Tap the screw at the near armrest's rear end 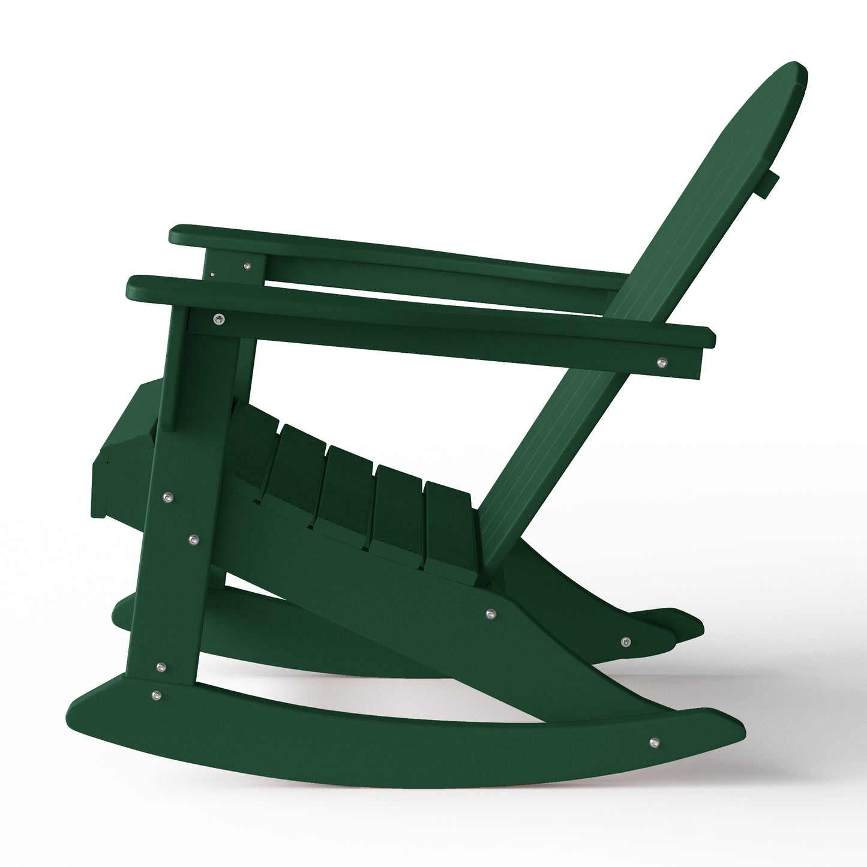pyautogui.click(x=662, y=362)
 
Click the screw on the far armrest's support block pyautogui.click(x=246, y=263)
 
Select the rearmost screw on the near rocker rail pyautogui.click(x=654, y=742)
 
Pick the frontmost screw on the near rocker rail pyautogui.click(x=155, y=695)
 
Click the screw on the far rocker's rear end pyautogui.click(x=625, y=642)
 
